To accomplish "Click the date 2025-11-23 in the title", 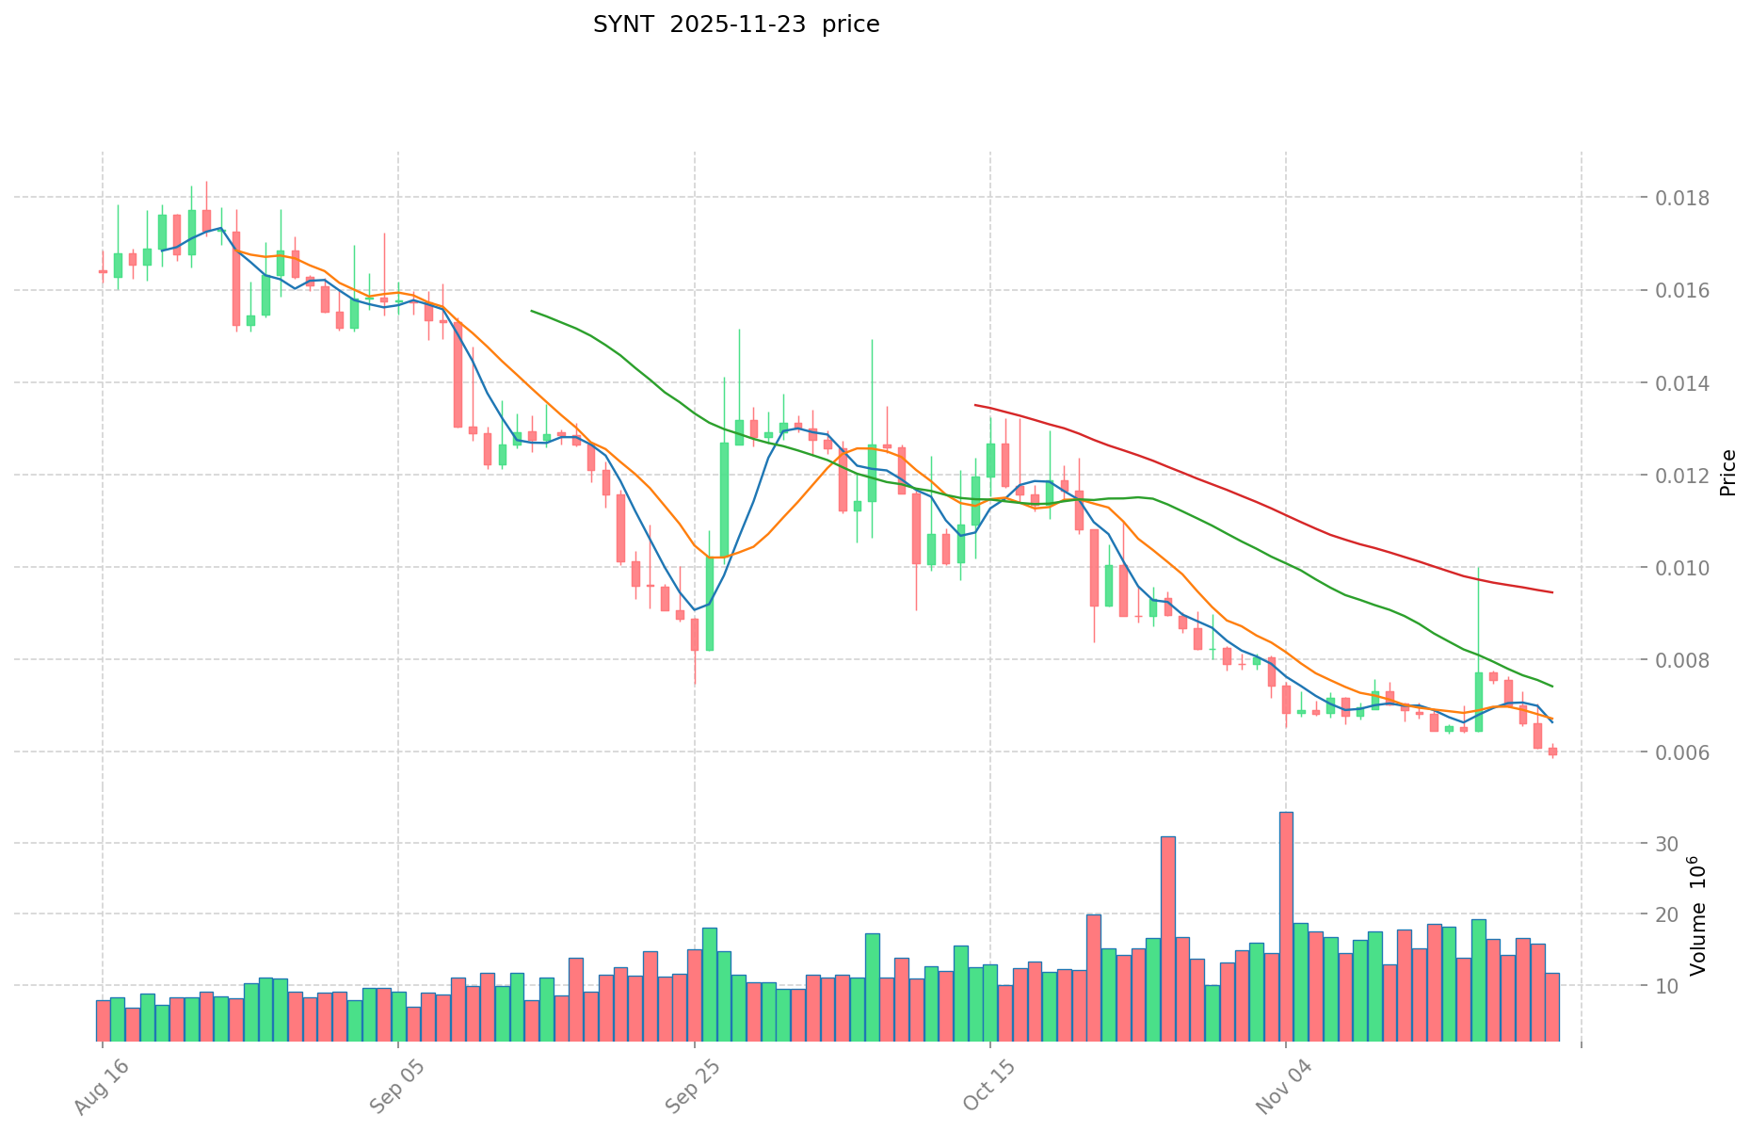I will coord(738,24).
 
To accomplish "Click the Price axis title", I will coord(1727,473).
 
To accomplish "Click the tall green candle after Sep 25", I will coord(724,499).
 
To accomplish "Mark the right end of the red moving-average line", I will coord(1551,591).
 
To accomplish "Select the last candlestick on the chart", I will coord(1552,752).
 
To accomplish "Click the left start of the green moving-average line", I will coord(532,311).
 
